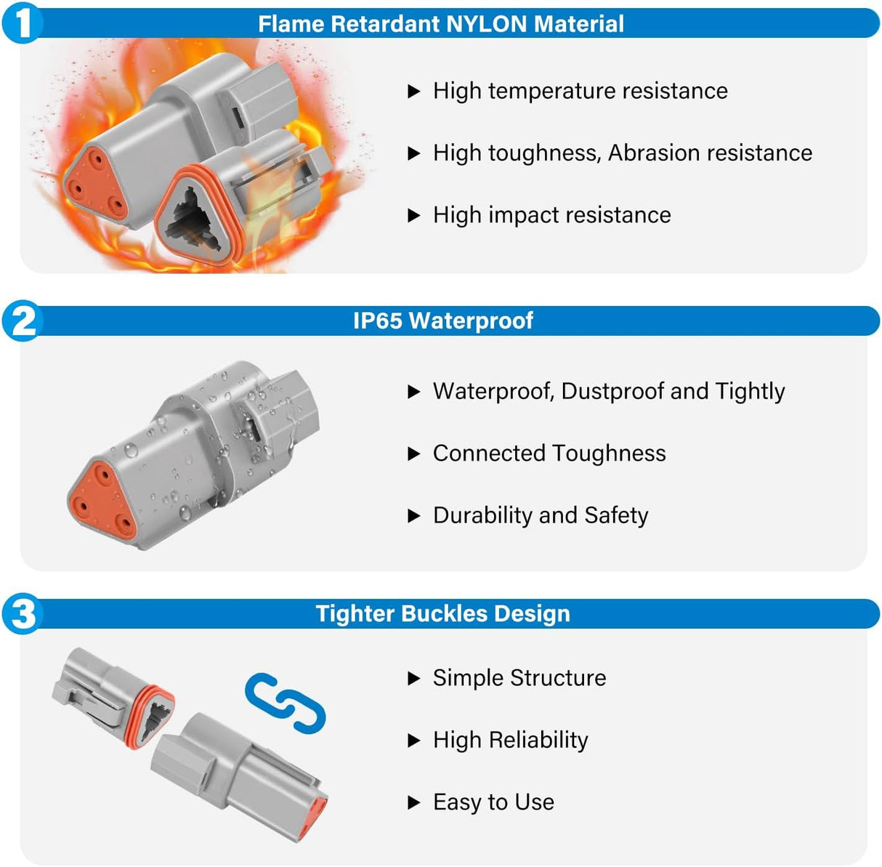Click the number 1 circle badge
[x=23, y=23]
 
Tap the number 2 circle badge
[x=23, y=321]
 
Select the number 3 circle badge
[x=23, y=613]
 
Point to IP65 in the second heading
[x=377, y=320]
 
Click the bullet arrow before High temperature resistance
[x=414, y=92]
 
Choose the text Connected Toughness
[x=549, y=453]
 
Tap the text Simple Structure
[x=519, y=678]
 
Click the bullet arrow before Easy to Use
[x=414, y=803]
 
